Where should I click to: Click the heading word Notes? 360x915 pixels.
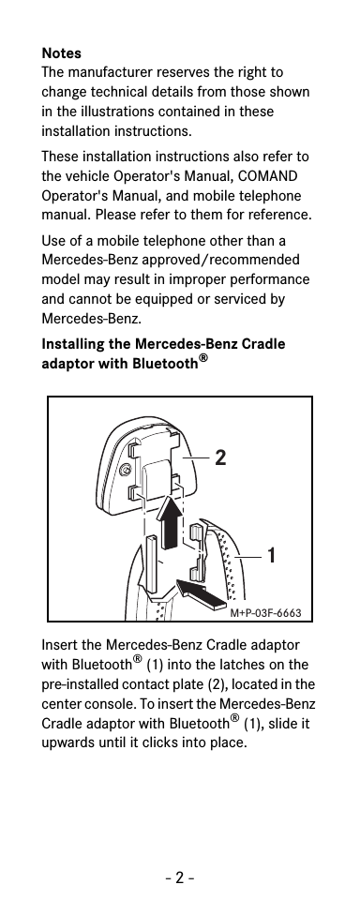click(61, 52)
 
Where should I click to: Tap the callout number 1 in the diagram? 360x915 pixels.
click(271, 555)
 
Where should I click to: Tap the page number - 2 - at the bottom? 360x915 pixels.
click(180, 880)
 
